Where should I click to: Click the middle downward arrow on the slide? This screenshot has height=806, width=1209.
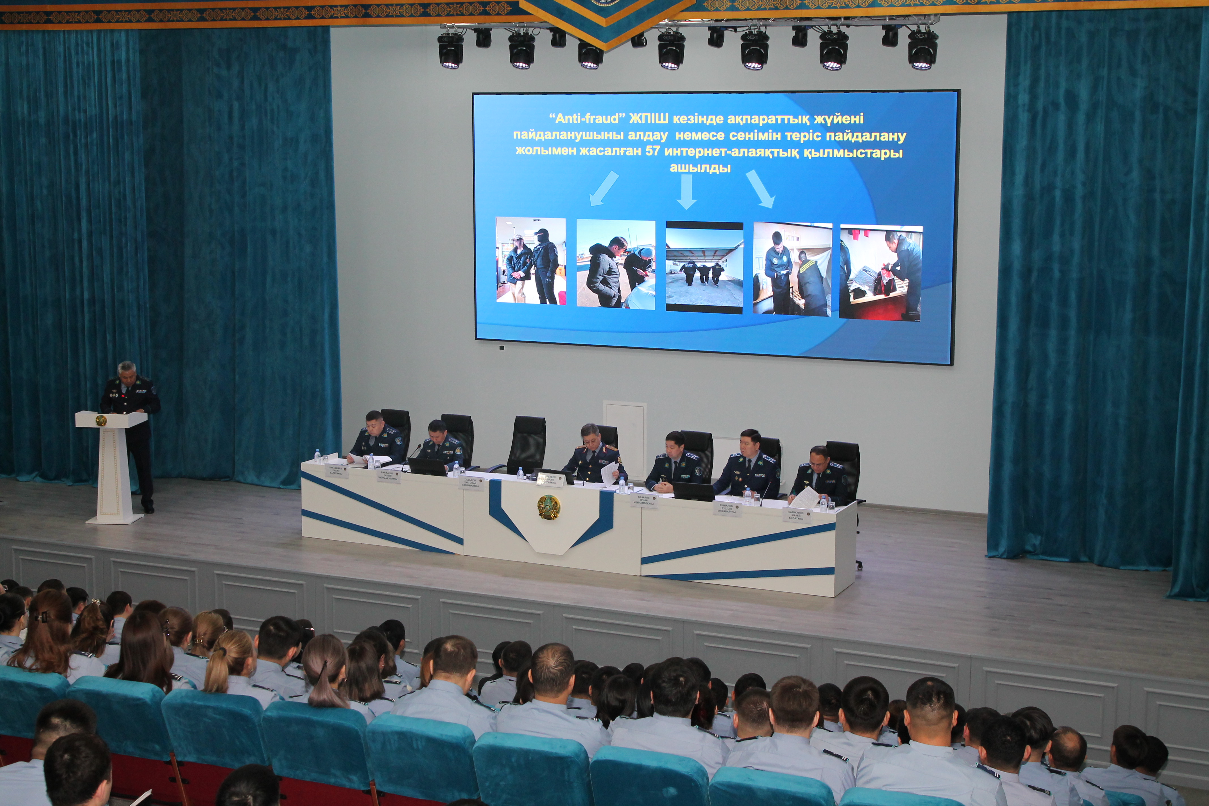click(686, 191)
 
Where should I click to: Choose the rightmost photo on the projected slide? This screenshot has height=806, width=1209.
click(880, 273)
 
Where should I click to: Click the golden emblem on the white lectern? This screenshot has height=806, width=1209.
click(101, 421)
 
